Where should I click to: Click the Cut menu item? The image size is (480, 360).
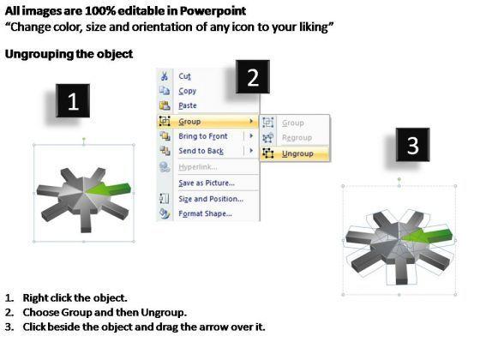click(184, 76)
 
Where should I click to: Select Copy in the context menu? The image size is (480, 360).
click(188, 91)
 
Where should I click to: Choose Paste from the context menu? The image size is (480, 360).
click(188, 105)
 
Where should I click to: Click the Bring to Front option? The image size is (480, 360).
click(203, 136)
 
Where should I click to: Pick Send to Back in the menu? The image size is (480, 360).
click(201, 151)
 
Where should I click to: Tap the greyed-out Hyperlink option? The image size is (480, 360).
click(198, 167)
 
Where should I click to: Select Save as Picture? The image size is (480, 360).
click(207, 183)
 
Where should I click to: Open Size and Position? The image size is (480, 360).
click(211, 199)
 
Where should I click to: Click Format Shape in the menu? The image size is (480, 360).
click(205, 213)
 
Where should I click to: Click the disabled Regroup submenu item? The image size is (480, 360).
click(297, 138)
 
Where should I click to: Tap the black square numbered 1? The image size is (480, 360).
click(73, 101)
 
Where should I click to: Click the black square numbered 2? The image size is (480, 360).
click(253, 77)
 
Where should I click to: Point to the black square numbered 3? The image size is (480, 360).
click(412, 145)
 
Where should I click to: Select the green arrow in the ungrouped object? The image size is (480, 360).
click(429, 236)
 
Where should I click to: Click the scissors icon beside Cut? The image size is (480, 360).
click(165, 76)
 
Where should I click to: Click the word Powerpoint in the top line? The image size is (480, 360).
click(213, 11)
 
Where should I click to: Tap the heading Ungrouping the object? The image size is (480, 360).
click(69, 54)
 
